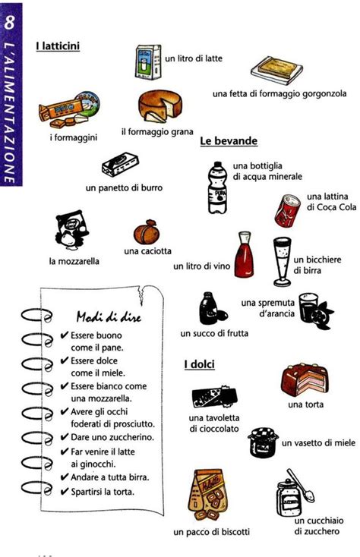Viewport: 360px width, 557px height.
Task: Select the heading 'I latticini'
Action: tap(58, 46)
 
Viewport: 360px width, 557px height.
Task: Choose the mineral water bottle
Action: tap(217, 187)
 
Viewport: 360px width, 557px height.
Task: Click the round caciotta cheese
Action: tap(146, 231)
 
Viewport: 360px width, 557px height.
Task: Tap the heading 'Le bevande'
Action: tap(229, 141)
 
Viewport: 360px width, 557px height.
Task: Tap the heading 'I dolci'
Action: tap(199, 365)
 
